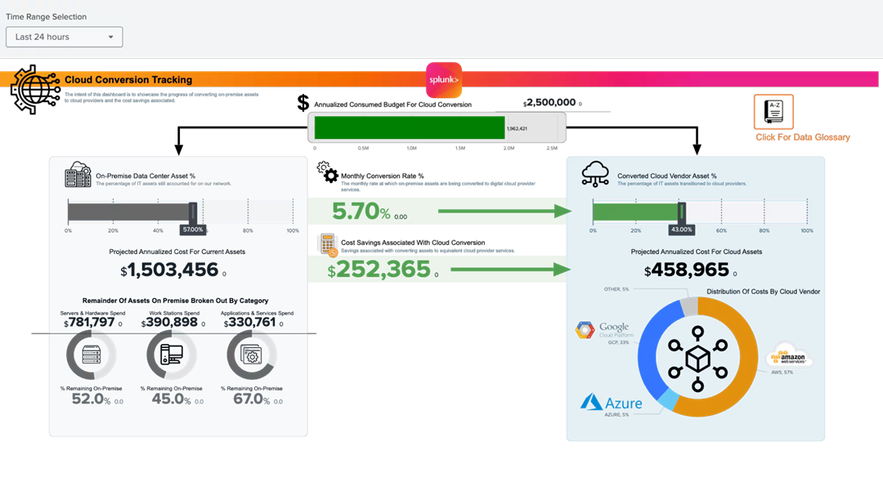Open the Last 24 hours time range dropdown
coord(64,37)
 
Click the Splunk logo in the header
coord(444,80)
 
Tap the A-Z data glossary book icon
coord(773,112)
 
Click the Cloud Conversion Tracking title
coord(128,80)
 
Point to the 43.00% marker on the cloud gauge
coord(680,230)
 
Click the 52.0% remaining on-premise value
coord(91,399)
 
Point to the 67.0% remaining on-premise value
coord(252,399)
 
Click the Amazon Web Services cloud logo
coord(790,356)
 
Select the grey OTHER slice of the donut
coord(689,305)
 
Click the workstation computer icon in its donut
coord(171,355)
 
